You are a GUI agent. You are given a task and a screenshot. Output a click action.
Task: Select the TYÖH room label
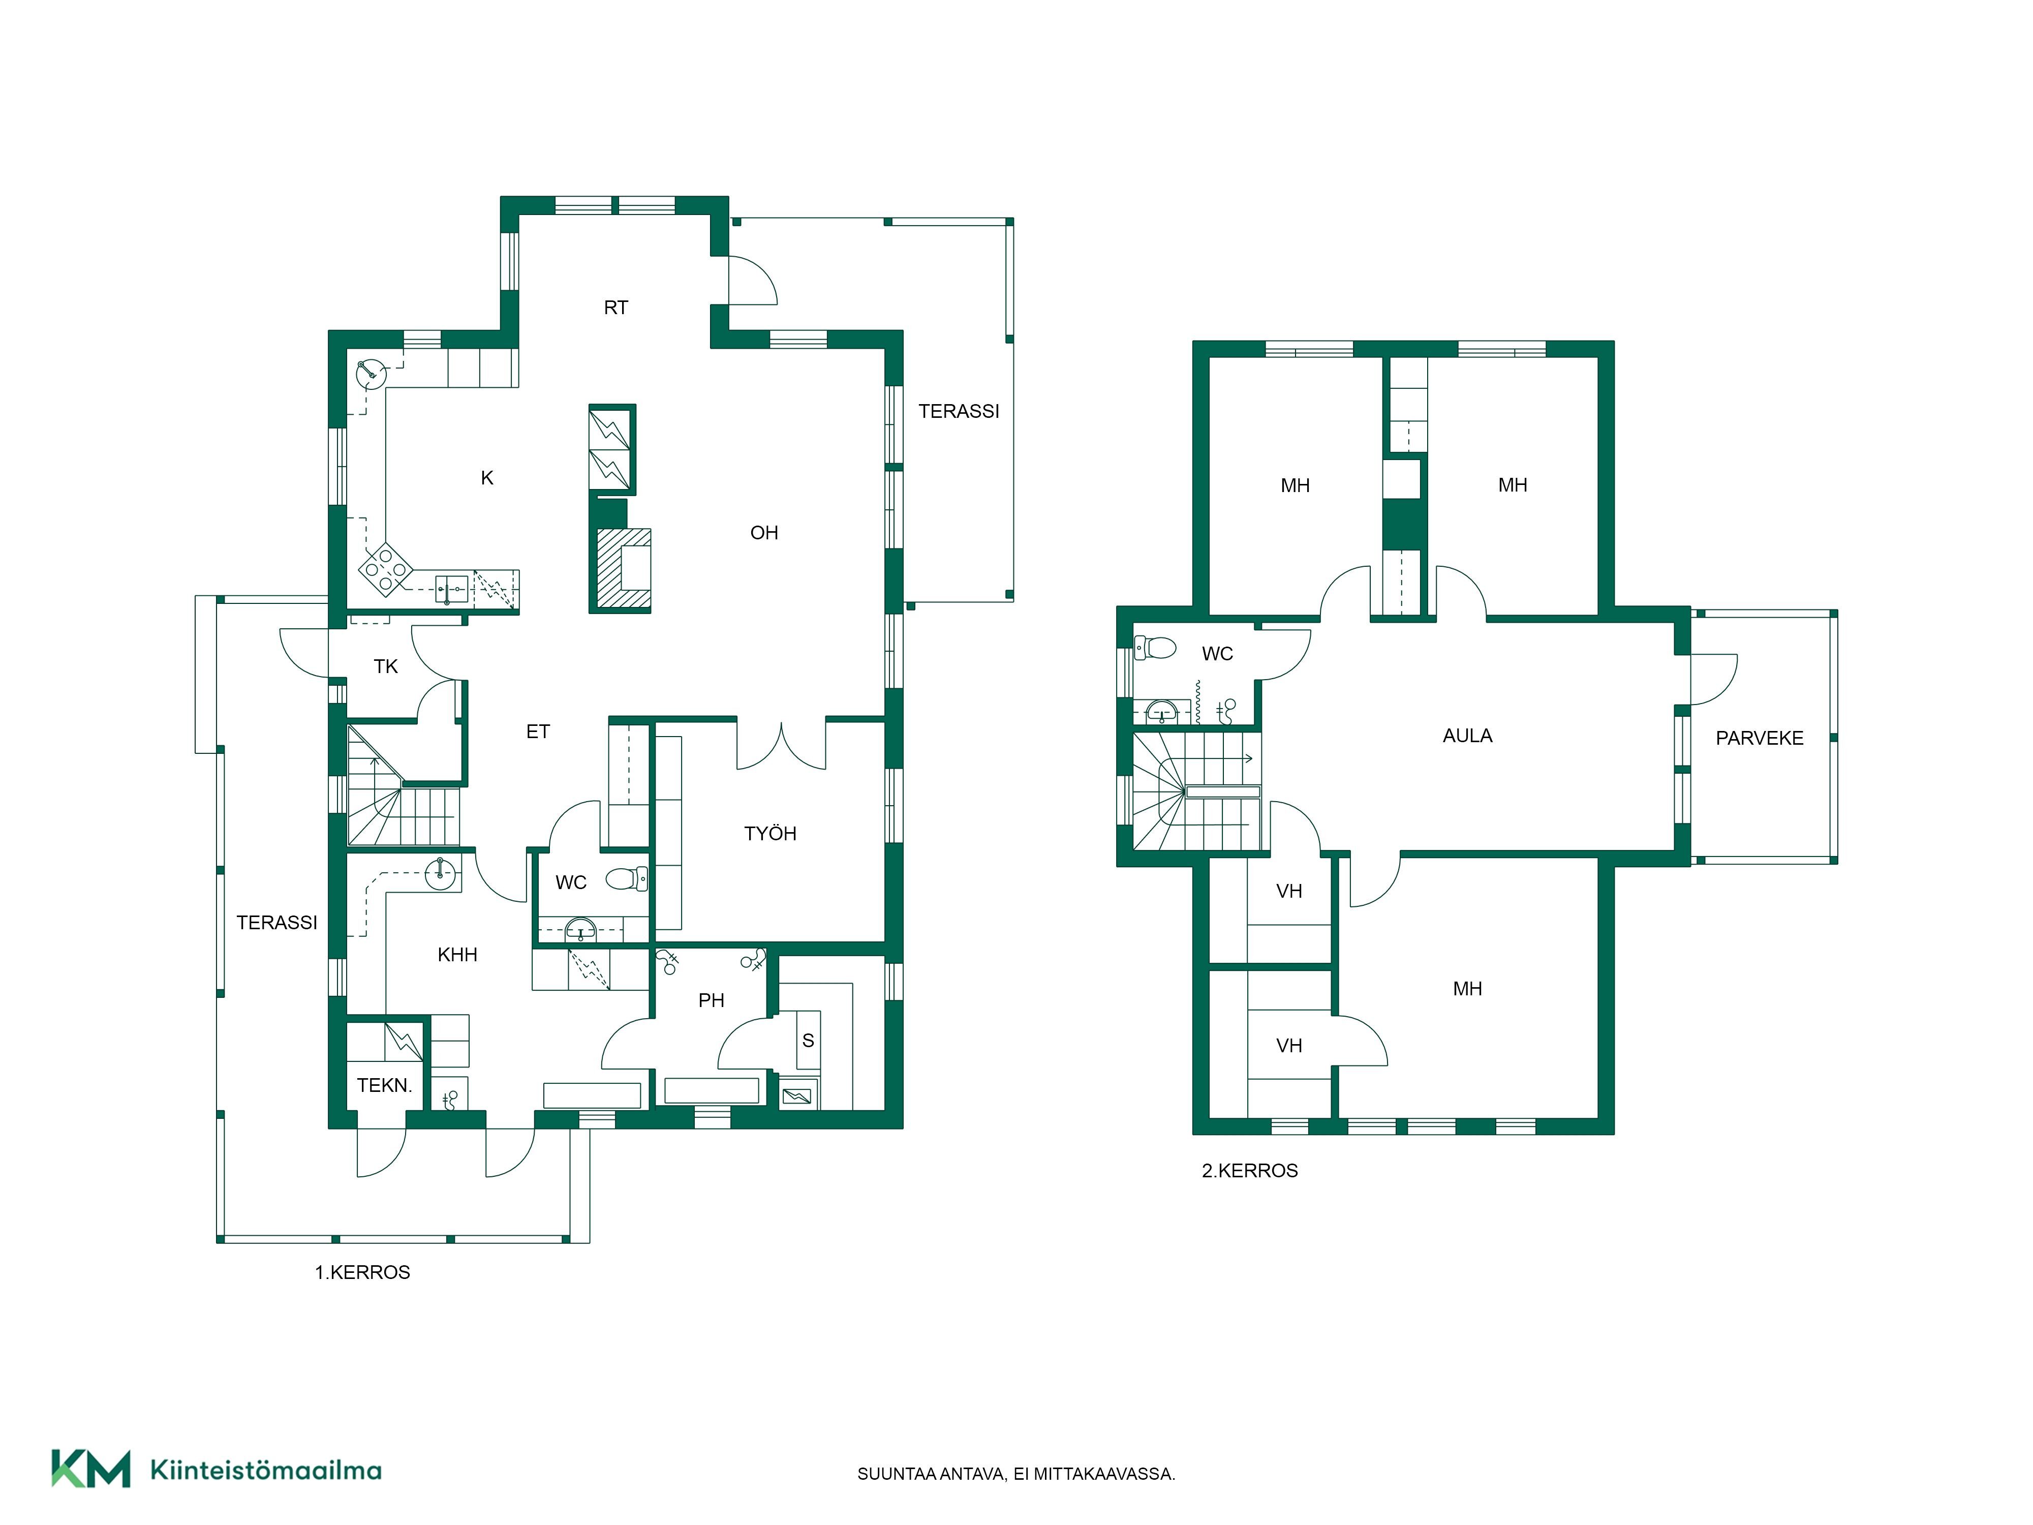(x=770, y=834)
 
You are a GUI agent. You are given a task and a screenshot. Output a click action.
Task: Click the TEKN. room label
(x=384, y=1086)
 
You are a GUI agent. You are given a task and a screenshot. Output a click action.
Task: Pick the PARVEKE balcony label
(x=1759, y=738)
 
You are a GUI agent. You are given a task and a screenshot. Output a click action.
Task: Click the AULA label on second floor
(x=1467, y=736)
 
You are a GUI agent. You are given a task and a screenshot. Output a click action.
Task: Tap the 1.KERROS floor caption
(x=362, y=1272)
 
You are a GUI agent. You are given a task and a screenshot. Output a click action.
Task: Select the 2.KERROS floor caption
(x=1250, y=1170)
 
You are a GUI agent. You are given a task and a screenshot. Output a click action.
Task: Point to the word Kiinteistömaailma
(x=266, y=1470)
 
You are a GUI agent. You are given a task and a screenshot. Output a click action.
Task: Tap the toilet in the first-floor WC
(x=627, y=879)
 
